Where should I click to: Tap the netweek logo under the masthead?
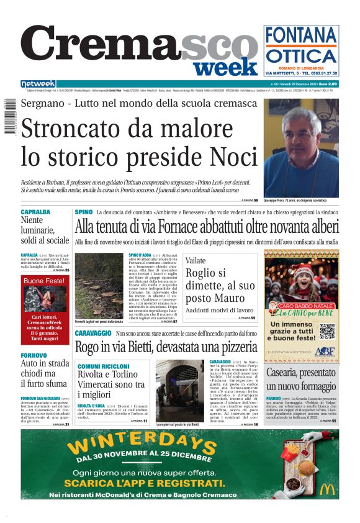pos(38,84)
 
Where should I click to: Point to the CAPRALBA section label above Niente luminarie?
pos(35,212)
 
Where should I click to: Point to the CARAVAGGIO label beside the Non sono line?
pos(93,334)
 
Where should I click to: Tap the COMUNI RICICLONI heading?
pos(104,366)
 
